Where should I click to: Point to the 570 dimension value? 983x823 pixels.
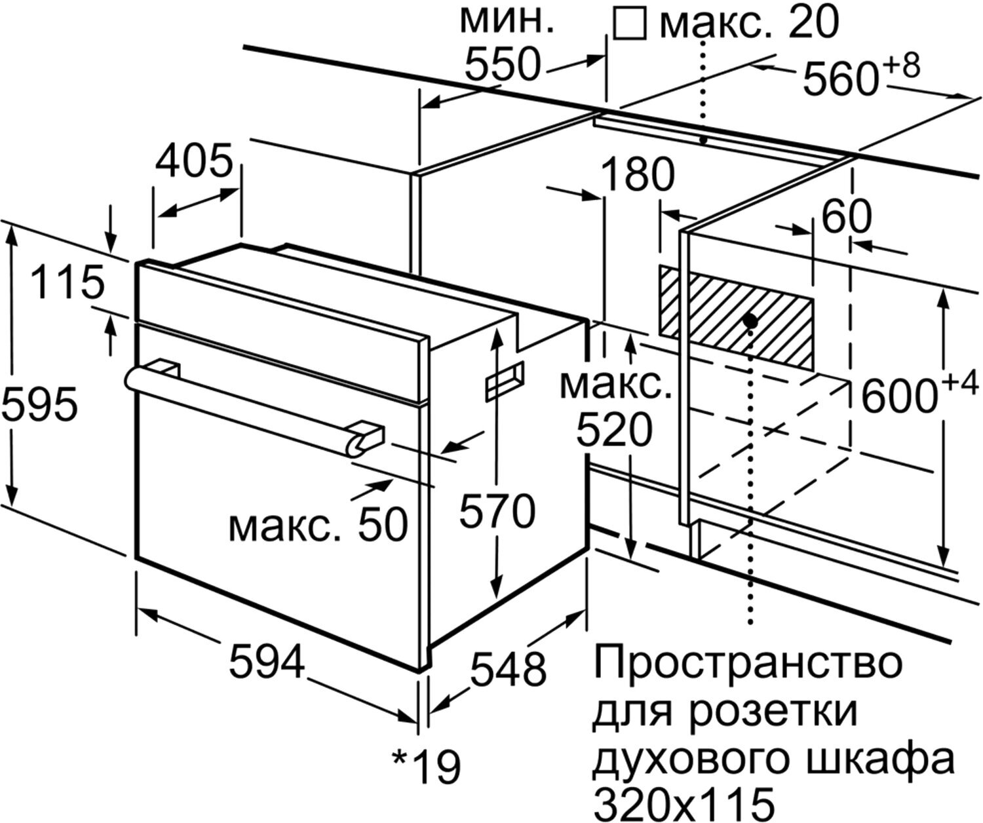coord(497,512)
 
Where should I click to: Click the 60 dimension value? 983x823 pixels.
coord(846,217)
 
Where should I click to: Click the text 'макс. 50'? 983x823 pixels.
coord(318,524)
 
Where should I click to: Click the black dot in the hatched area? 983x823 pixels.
coord(751,320)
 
